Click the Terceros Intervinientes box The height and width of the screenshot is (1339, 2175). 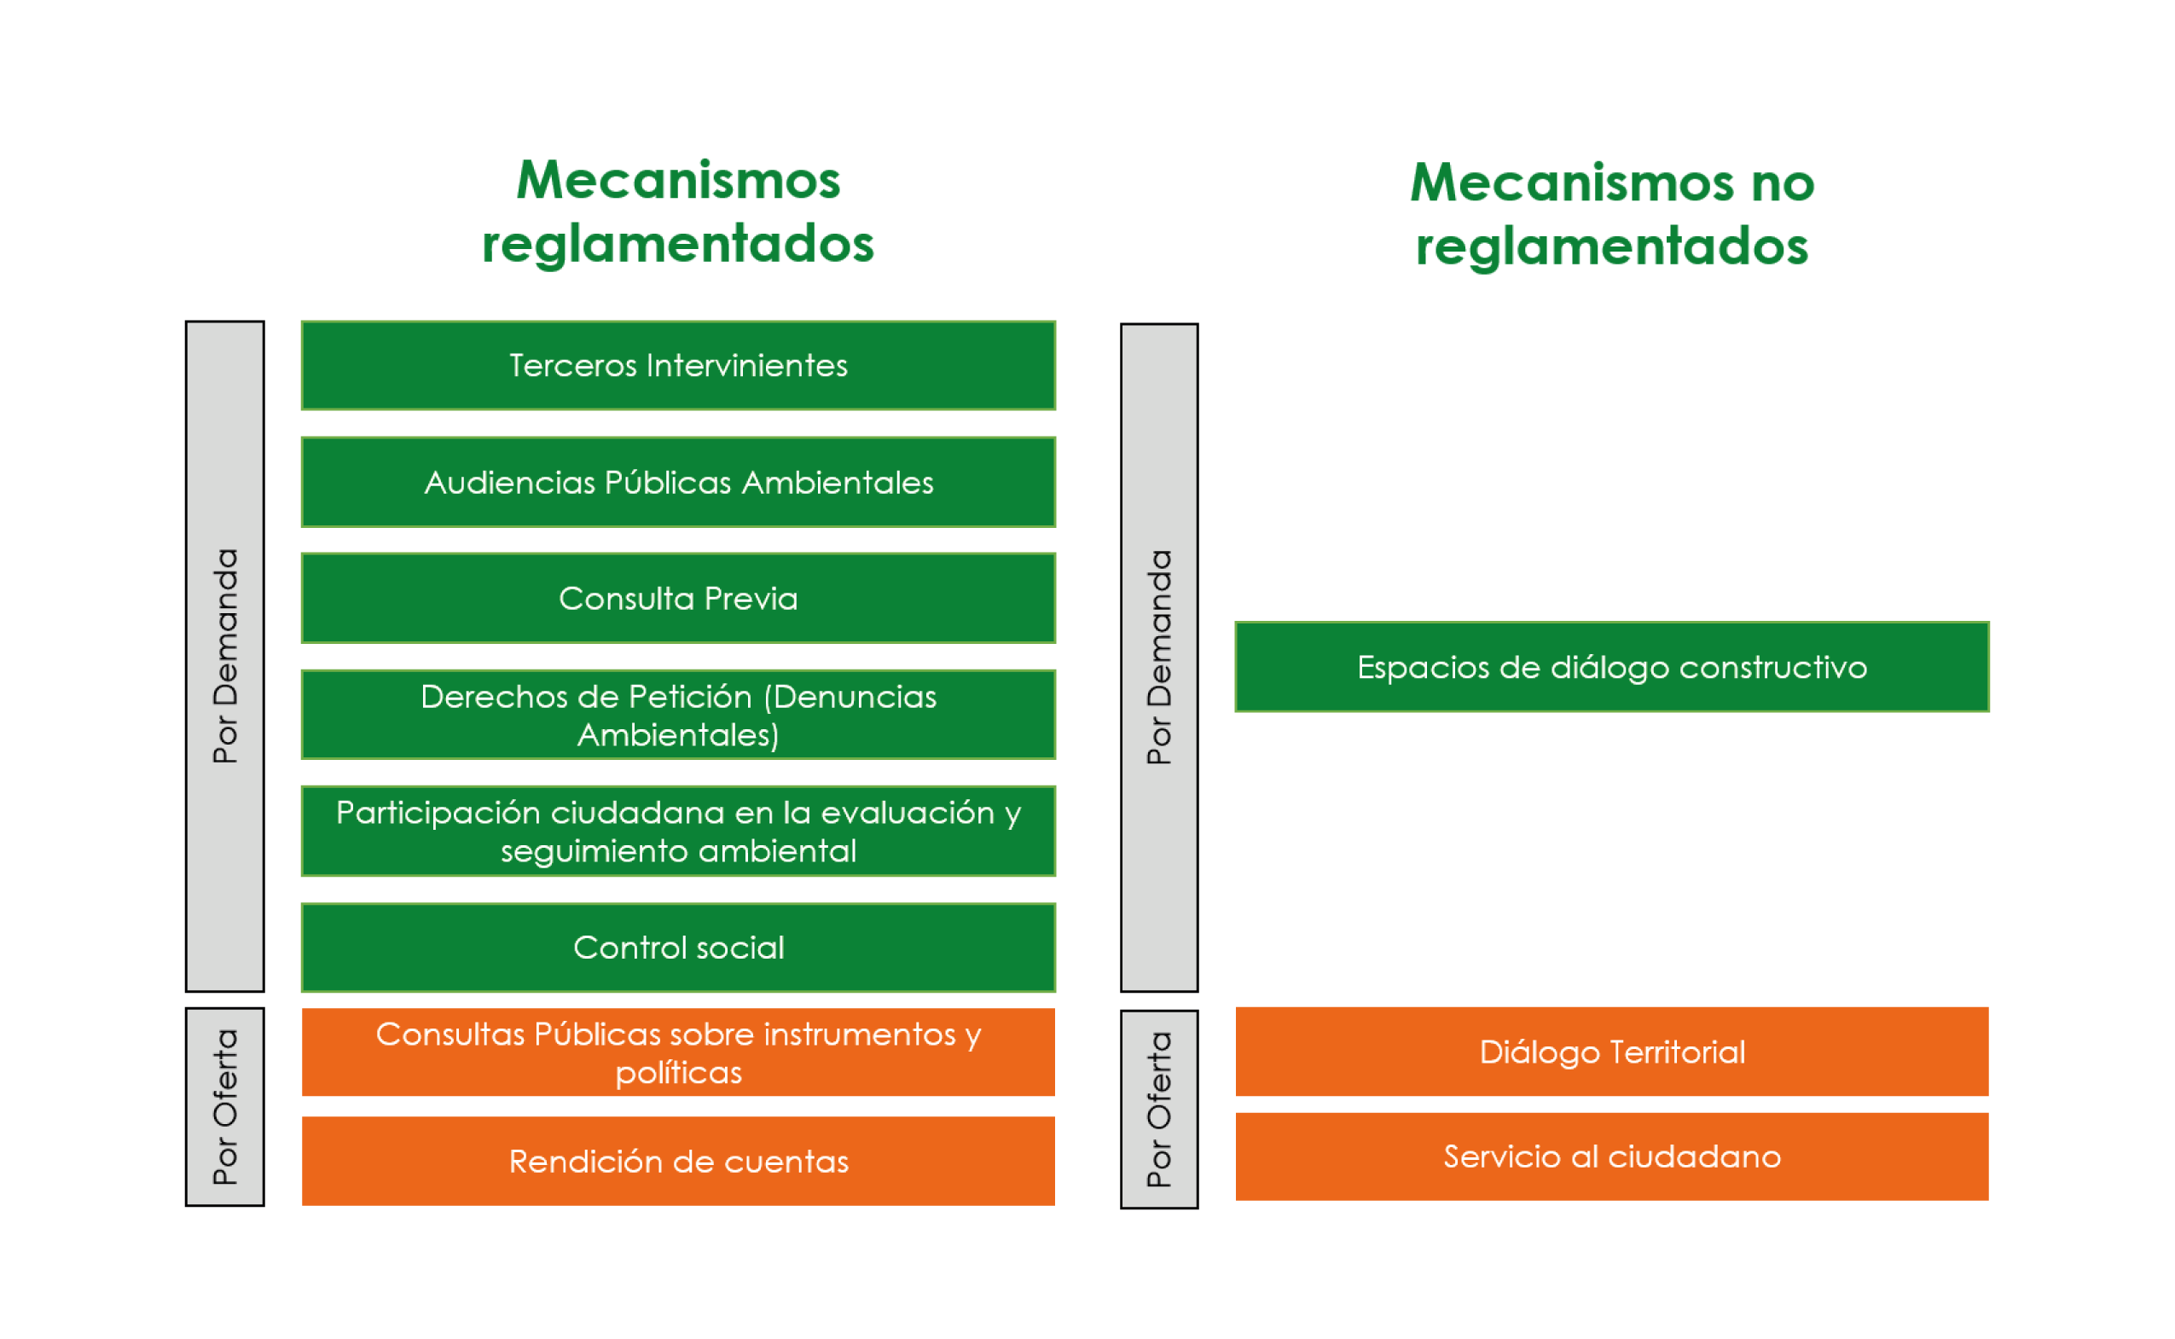[678, 366]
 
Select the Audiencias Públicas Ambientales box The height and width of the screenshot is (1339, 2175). [678, 483]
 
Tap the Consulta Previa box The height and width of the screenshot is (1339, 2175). [678, 599]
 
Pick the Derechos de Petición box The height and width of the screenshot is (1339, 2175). [678, 715]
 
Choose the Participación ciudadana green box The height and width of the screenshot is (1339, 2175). [678, 832]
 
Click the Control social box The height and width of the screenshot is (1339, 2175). [678, 948]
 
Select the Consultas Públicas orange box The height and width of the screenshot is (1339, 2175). [678, 1053]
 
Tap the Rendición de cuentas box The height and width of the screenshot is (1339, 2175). [678, 1161]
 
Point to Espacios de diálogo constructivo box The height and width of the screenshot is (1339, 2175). [1612, 667]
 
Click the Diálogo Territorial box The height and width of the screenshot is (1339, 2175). [1612, 1052]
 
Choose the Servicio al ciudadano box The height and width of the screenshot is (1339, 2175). [1612, 1156]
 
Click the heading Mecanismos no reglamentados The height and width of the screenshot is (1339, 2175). [1612, 214]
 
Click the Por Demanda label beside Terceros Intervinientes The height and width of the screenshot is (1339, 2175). [225, 655]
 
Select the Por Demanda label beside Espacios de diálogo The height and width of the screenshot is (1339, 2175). [1159, 657]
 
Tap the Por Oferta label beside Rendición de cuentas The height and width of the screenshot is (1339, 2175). [225, 1107]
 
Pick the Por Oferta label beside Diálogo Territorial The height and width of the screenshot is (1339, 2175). [1159, 1110]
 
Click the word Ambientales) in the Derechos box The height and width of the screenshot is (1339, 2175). [678, 735]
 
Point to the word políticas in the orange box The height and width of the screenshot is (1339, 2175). [678, 1073]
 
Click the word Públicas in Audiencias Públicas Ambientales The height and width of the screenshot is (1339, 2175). [668, 483]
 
